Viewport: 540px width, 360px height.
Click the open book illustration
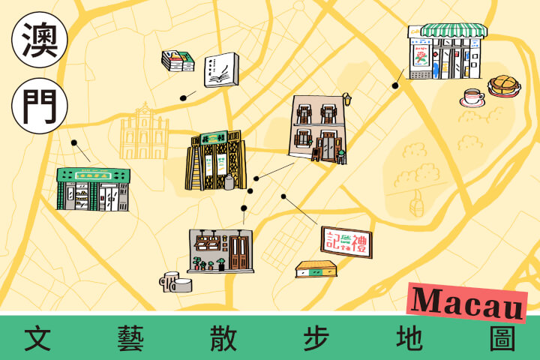point(222,70)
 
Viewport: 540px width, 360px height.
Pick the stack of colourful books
point(178,61)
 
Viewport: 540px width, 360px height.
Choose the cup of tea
point(472,97)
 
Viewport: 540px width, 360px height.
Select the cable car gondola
point(417,200)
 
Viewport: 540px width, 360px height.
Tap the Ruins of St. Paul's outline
point(145,135)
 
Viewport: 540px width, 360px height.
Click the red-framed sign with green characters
point(346,242)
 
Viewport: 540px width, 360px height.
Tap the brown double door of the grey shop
point(240,253)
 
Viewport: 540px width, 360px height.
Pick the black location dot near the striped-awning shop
point(395,85)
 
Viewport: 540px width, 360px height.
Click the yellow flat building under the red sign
point(316,268)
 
